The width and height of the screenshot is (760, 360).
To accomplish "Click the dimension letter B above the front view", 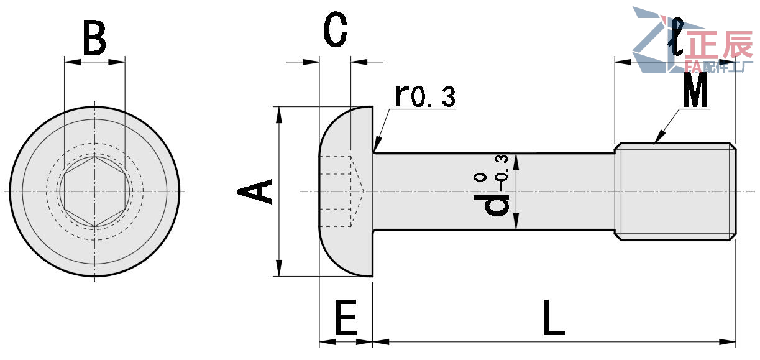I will [x=94, y=38].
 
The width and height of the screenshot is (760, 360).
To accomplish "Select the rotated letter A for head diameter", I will [x=255, y=191].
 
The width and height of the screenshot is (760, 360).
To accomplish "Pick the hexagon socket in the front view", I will [x=94, y=192].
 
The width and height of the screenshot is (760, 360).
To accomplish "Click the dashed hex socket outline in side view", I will [x=342, y=191].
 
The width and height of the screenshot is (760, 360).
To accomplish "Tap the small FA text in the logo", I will [x=692, y=66].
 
